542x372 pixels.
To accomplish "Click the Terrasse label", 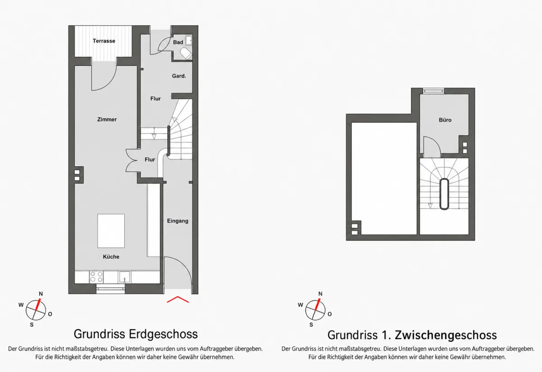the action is click(104, 41).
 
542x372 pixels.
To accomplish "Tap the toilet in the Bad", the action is click(186, 53).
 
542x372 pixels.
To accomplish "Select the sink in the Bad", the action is click(189, 40).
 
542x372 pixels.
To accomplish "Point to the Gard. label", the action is click(179, 76).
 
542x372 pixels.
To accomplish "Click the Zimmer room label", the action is click(107, 119).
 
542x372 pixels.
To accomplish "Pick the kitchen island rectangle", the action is click(111, 231).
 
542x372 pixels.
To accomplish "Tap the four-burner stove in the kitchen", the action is click(96, 277).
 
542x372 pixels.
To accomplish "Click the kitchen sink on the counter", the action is click(125, 277).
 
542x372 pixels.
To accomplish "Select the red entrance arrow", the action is click(178, 299).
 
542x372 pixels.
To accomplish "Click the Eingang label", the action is click(178, 221).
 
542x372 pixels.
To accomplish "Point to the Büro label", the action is click(445, 120).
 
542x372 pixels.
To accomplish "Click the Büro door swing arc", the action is click(435, 142).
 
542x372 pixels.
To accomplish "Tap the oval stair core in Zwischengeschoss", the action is click(444, 194).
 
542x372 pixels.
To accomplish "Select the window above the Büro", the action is click(433, 91).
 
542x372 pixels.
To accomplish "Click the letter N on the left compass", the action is click(41, 294).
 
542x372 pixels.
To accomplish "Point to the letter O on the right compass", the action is click(330, 314).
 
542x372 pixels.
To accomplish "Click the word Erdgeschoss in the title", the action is click(163, 334).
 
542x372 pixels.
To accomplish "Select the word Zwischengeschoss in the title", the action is click(446, 335).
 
